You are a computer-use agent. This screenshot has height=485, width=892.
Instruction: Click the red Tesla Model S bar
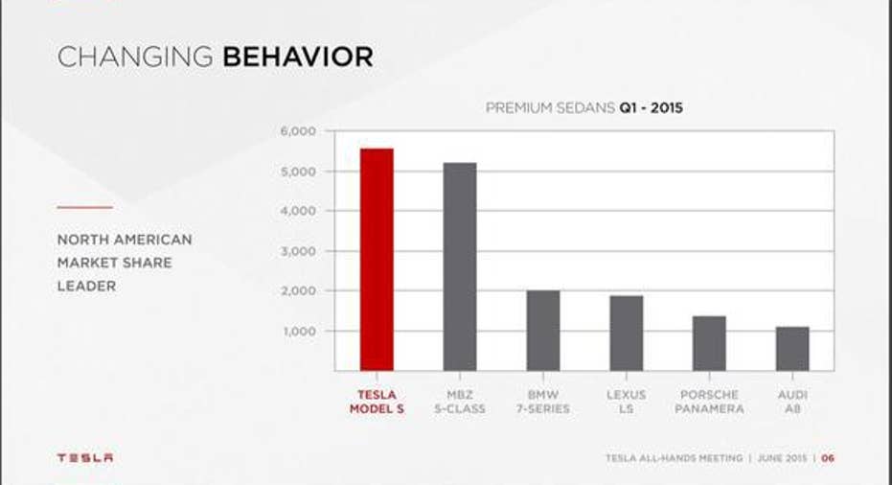coord(377,260)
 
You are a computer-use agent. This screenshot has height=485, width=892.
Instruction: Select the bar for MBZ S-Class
coord(460,267)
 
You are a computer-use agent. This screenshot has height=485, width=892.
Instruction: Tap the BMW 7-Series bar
coord(543,331)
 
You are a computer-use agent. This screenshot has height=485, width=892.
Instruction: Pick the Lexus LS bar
coord(627,333)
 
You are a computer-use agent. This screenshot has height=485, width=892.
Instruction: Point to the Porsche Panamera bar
coord(709,343)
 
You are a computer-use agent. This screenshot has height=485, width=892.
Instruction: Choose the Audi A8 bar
coord(792,349)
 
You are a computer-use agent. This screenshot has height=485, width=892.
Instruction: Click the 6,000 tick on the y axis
coord(298,131)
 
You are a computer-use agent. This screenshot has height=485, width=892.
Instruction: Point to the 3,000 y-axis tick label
coord(298,251)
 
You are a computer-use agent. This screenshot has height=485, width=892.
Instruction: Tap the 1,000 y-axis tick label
coord(299,331)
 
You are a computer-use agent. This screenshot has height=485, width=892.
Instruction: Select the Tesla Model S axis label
coord(377,402)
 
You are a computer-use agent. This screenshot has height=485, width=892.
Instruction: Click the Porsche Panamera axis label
coord(709,402)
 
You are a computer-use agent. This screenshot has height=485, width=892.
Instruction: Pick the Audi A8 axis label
coord(792,402)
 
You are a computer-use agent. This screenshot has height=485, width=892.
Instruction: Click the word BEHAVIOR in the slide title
coord(298,57)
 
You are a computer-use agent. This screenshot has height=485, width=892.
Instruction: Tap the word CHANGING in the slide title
coord(135,57)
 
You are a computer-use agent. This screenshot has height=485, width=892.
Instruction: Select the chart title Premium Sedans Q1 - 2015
coord(584,107)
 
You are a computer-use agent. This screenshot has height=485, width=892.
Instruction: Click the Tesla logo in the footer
coord(84,457)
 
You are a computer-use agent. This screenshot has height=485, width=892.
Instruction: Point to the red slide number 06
coord(828,457)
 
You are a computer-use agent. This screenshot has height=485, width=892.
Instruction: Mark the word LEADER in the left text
coord(86,286)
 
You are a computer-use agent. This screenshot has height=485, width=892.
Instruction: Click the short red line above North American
coord(84,207)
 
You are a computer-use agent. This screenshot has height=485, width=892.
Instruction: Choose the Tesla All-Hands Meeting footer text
coord(675,457)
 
